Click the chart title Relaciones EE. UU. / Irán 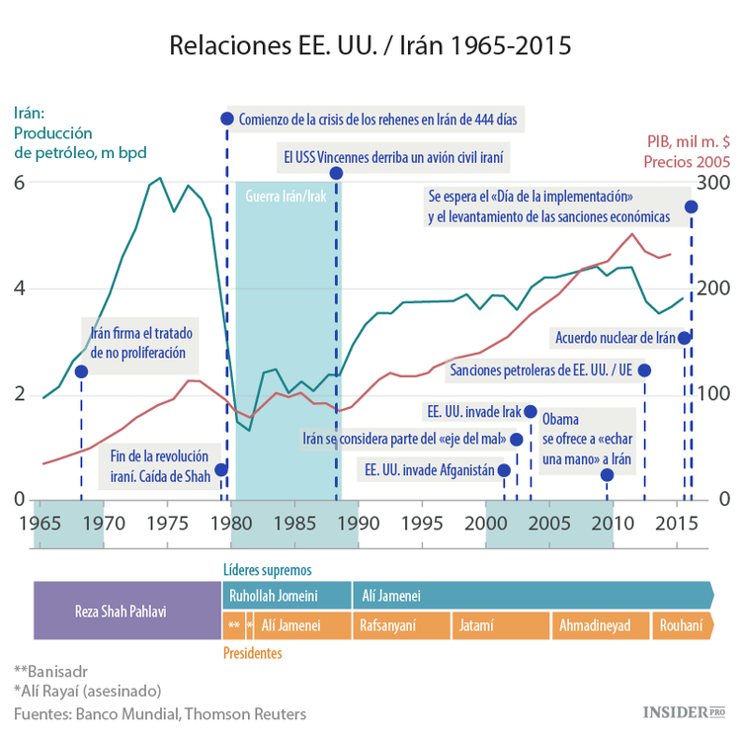pos(370,46)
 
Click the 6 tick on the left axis pos(19,183)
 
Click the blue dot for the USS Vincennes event pos(336,174)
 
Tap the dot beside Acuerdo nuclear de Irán pos(684,338)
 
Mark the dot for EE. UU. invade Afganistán pos(504,470)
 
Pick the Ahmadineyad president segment pos(595,625)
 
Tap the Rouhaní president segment pos(681,625)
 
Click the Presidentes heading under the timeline pos(252,653)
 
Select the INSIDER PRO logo pos(683,711)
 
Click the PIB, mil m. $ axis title pos(688,141)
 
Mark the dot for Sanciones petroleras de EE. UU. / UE pos(644,370)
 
